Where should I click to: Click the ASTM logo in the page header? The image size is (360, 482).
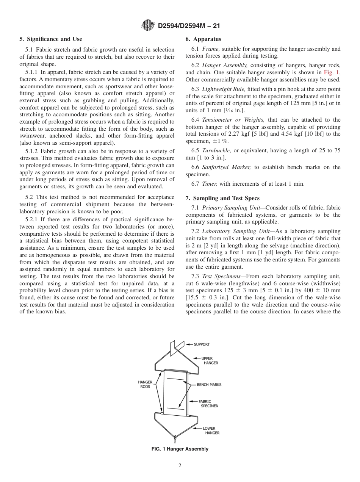[x=147, y=26]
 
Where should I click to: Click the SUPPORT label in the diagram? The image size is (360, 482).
[x=202, y=344]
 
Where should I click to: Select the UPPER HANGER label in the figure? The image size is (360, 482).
[x=210, y=360]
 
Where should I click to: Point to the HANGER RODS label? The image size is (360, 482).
[x=145, y=384]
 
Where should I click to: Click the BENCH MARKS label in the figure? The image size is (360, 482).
[x=209, y=385]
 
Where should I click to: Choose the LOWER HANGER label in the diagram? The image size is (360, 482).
[x=211, y=430]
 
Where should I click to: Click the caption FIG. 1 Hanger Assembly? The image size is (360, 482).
[x=180, y=449]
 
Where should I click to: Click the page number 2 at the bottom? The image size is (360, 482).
[x=180, y=466]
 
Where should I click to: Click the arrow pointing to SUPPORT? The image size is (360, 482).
[x=189, y=344]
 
